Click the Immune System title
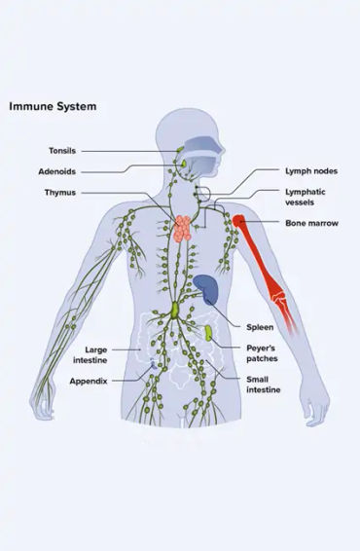(x=53, y=105)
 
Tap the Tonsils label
(x=61, y=151)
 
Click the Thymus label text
(x=60, y=193)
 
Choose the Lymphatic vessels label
(x=305, y=198)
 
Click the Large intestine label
(x=95, y=352)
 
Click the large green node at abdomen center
(x=174, y=311)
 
